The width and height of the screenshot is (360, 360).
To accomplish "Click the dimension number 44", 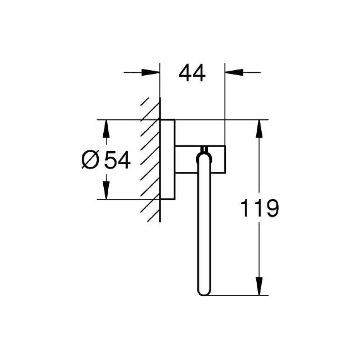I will click(192, 73).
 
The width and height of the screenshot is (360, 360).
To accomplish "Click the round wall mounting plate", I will click(167, 159).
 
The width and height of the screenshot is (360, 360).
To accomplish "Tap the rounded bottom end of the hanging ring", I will click(203, 292).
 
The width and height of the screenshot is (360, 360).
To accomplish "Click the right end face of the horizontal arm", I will click(225, 158).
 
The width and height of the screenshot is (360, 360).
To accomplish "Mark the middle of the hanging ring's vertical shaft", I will click(203, 223).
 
